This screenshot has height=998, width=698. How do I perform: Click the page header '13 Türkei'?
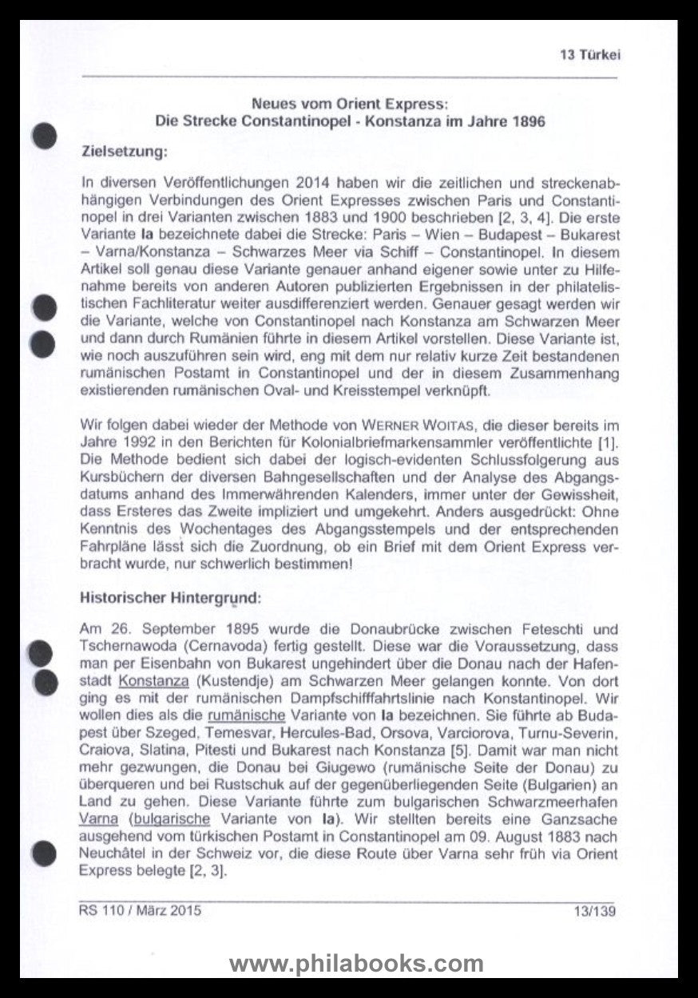point(590,55)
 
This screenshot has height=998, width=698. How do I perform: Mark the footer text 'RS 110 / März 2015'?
point(140,909)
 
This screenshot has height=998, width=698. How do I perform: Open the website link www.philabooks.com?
point(356,963)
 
